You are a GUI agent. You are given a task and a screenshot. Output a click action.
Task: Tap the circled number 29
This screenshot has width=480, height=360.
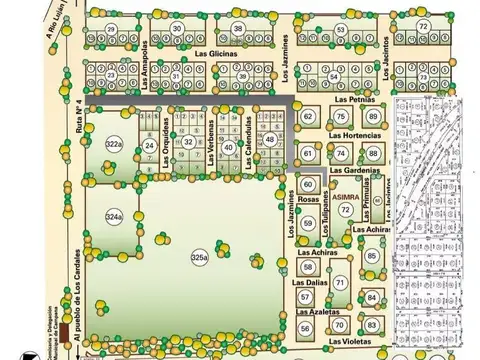(x=111, y=28)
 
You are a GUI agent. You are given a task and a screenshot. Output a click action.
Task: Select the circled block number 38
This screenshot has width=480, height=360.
(x=238, y=28)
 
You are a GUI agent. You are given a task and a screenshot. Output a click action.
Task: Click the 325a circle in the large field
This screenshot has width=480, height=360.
(x=199, y=259)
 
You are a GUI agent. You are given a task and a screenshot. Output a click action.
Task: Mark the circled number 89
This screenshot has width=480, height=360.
(x=373, y=117)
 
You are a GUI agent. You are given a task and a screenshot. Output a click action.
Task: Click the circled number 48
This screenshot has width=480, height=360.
(x=271, y=139)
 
